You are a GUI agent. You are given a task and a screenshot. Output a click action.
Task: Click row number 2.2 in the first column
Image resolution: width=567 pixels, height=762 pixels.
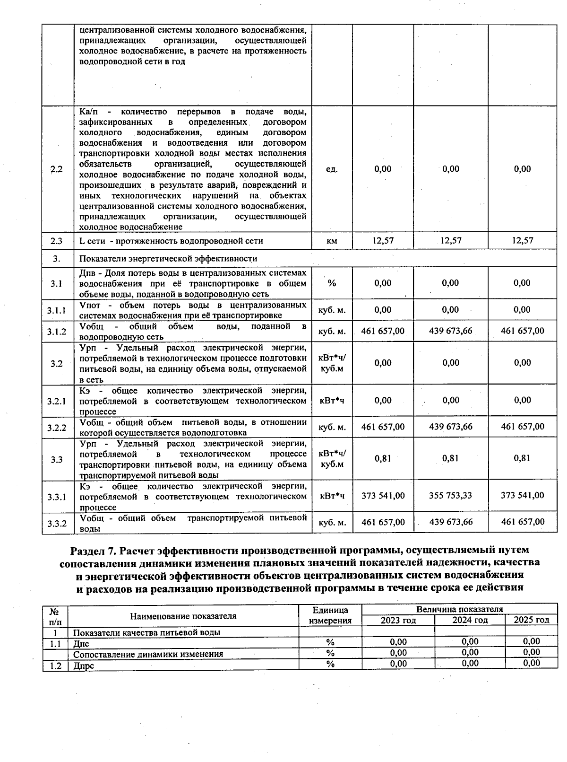click(x=56, y=170)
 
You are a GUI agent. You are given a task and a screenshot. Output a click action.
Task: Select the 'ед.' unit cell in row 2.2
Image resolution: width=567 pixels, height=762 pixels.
click(x=332, y=169)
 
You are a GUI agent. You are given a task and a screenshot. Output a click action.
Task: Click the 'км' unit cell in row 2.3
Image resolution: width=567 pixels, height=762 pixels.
click(x=332, y=241)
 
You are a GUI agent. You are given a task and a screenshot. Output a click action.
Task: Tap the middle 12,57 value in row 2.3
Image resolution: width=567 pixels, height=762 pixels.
click(x=450, y=240)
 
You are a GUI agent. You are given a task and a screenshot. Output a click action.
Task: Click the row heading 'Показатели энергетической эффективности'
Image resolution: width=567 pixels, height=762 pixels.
click(x=168, y=259)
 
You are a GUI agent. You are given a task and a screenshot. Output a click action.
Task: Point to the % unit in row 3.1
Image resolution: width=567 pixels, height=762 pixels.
click(x=332, y=283)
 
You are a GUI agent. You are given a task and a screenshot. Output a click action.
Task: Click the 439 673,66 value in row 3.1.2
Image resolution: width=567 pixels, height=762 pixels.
click(x=450, y=331)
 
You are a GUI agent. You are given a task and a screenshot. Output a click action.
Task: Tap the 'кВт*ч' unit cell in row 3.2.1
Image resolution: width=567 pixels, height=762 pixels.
click(x=332, y=401)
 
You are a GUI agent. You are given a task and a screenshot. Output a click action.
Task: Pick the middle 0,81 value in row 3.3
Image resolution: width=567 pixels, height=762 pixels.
click(x=450, y=458)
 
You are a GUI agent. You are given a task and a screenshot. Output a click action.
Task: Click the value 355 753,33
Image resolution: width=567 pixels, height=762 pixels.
click(x=450, y=496)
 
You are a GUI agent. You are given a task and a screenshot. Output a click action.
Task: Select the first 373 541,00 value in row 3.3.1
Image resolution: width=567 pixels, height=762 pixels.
click(x=383, y=496)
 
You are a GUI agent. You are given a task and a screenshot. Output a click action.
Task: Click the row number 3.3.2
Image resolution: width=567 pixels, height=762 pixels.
click(x=57, y=523)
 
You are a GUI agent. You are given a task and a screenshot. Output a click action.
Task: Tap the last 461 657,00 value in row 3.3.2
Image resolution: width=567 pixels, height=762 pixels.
click(x=522, y=522)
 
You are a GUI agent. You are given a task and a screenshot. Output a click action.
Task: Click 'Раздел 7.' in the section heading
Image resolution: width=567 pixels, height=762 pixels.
click(x=93, y=551)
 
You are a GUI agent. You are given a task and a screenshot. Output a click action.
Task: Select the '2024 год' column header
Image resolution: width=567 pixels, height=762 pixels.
click(x=470, y=620)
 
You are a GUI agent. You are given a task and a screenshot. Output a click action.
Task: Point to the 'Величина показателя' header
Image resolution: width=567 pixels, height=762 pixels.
click(x=459, y=609)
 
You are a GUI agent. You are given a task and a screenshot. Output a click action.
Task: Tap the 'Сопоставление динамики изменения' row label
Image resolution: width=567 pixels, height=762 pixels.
click(x=148, y=654)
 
